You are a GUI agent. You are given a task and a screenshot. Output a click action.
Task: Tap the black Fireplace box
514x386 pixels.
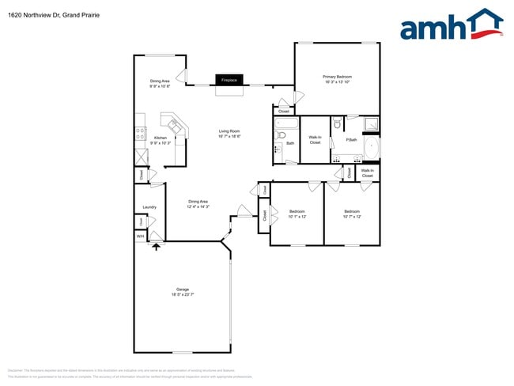tap(229, 80)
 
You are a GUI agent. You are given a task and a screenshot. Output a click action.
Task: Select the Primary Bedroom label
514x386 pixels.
tap(338, 79)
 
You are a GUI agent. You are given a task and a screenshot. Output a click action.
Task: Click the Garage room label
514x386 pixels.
tap(183, 291)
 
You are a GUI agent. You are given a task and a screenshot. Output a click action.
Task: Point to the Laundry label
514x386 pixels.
tap(149, 207)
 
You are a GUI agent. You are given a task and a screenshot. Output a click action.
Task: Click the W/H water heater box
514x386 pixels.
tap(140, 237)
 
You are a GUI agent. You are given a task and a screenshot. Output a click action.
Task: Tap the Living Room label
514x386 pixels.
tap(229, 134)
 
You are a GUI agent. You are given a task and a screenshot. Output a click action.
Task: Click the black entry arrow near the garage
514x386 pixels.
tap(156, 247)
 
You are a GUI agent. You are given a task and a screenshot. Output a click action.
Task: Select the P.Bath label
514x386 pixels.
tap(351, 140)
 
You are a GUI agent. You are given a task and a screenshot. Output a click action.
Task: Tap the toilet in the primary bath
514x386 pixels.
tap(338, 123)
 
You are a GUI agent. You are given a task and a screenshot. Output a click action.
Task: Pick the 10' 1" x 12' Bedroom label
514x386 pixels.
tap(297, 214)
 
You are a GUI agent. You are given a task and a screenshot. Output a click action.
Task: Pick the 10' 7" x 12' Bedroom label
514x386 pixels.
tap(352, 214)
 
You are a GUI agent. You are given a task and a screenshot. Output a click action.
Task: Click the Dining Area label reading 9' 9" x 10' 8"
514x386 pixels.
tap(161, 84)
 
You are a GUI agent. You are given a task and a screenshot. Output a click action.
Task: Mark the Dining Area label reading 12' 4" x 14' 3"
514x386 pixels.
tap(198, 204)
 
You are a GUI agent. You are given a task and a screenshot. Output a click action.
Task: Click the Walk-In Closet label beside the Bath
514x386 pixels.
tap(315, 140)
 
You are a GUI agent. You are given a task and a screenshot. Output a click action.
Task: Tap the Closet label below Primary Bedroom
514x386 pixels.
tap(283, 112)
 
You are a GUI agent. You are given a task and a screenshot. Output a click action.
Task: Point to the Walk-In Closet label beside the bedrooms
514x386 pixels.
tap(368, 172)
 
